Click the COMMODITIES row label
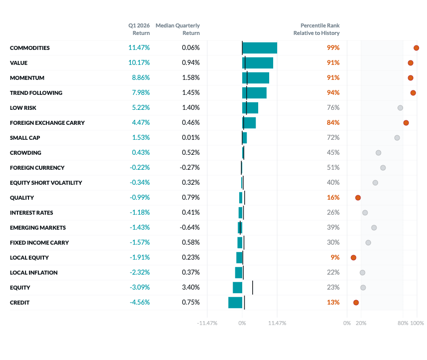pyautogui.click(x=30, y=48)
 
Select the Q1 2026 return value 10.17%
pyautogui.click(x=139, y=63)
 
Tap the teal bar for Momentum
pyautogui.click(x=258, y=78)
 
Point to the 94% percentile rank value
pyautogui.click(x=333, y=93)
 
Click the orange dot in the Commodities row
pyautogui.click(x=416, y=48)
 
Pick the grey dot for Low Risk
pyautogui.click(x=400, y=108)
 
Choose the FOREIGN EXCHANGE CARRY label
pyautogui.click(x=47, y=123)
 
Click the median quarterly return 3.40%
pyautogui.click(x=190, y=288)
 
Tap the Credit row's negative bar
pyautogui.click(x=235, y=303)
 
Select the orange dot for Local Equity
pyautogui.click(x=354, y=258)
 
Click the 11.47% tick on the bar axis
pyautogui.click(x=277, y=323)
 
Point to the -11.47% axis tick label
pyautogui.click(x=207, y=323)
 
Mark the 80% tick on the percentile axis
pyautogui.click(x=403, y=323)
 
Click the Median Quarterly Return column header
pyautogui.click(x=178, y=29)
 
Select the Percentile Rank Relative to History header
pyautogui.click(x=317, y=29)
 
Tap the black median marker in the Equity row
pyautogui.click(x=252, y=288)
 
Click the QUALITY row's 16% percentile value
pyautogui.click(x=333, y=198)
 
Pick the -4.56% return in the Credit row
pyautogui.click(x=139, y=303)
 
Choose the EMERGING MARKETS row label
pyautogui.click(x=38, y=228)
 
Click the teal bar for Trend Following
pyautogui.click(x=257, y=93)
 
